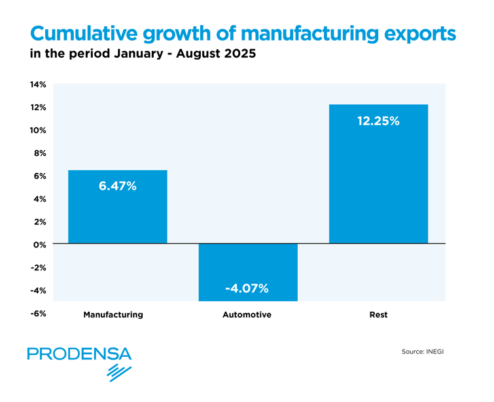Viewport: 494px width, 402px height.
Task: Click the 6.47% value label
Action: pyautogui.click(x=118, y=187)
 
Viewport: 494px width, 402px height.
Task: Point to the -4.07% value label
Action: pyautogui.click(x=248, y=288)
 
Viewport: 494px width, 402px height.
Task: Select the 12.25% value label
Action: pyautogui.click(x=378, y=121)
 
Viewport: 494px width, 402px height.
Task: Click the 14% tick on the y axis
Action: pyautogui.click(x=37, y=85)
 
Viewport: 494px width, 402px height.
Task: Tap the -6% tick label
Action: pyautogui.click(x=37, y=313)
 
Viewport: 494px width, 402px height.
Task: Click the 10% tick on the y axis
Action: pyautogui.click(x=37, y=130)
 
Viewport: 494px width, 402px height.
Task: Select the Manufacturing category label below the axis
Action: pyautogui.click(x=113, y=315)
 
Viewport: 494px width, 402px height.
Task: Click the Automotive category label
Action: pyautogui.click(x=247, y=315)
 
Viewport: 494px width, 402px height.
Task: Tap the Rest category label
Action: pyautogui.click(x=378, y=315)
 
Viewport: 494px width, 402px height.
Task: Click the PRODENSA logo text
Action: pyautogui.click(x=79, y=354)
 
